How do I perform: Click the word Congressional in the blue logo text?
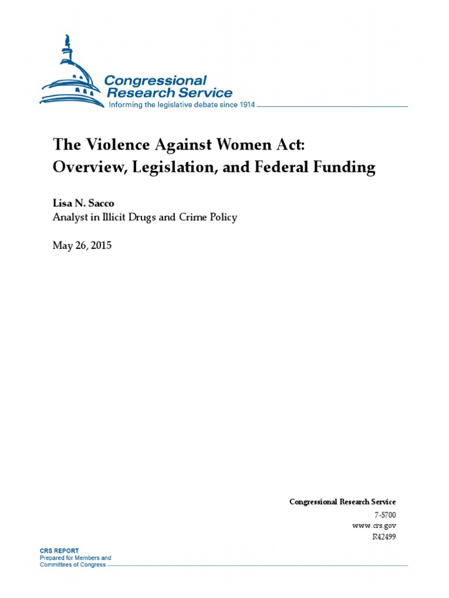click(x=156, y=80)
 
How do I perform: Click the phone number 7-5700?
click(x=385, y=514)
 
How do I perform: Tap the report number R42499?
click(x=384, y=537)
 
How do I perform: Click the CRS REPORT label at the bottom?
click(x=59, y=551)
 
